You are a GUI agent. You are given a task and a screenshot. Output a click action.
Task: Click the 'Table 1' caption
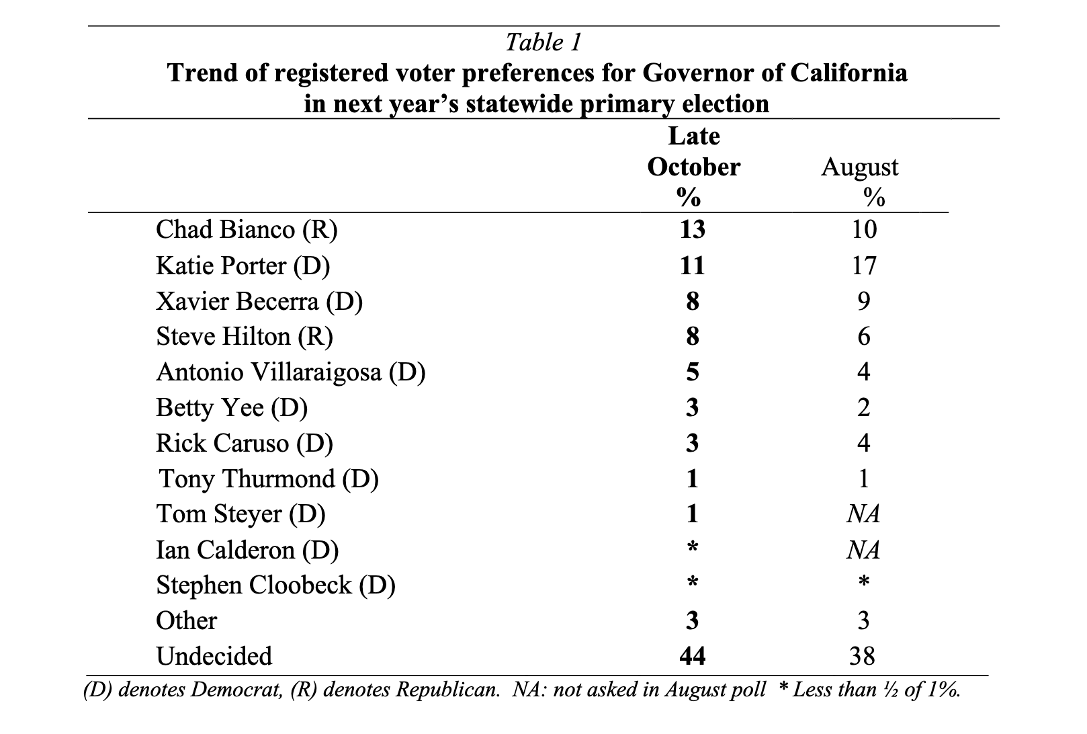click(543, 43)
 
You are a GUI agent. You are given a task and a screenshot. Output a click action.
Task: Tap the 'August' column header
click(859, 167)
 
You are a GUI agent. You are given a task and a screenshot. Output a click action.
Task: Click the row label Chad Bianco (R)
click(247, 230)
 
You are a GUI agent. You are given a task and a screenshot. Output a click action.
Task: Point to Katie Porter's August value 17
click(864, 266)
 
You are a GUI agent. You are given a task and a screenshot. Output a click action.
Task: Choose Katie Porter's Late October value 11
click(692, 266)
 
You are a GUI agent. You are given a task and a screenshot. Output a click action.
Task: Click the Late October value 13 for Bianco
click(692, 229)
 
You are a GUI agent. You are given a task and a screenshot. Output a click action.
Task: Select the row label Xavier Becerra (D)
click(259, 301)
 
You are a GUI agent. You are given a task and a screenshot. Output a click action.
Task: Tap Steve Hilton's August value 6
click(864, 336)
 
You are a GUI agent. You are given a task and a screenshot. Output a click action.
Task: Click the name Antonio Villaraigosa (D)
click(291, 372)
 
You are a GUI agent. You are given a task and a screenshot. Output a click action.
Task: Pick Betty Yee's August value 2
click(864, 407)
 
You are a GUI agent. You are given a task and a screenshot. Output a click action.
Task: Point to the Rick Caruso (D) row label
click(245, 443)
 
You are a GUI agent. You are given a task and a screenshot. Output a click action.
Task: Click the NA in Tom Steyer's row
click(863, 514)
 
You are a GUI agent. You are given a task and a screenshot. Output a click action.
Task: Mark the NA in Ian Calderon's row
click(863, 550)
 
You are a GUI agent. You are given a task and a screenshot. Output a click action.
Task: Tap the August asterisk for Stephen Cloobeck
click(864, 581)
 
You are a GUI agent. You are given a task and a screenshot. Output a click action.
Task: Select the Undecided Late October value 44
click(693, 656)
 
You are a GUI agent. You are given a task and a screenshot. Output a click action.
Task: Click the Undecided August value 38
click(863, 656)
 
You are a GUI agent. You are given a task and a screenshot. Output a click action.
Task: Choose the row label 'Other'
click(186, 621)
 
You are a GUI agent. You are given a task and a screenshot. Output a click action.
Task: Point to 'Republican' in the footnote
click(448, 690)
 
